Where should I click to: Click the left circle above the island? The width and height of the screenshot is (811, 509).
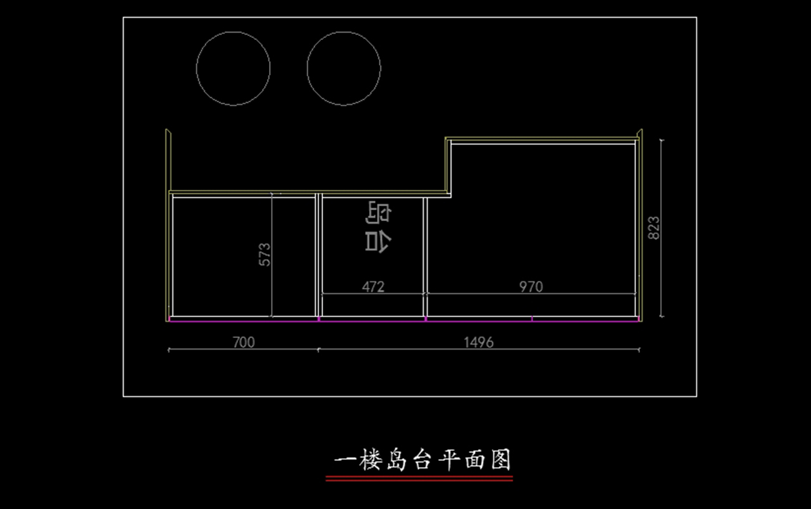click(x=233, y=68)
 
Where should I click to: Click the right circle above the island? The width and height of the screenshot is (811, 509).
click(x=344, y=68)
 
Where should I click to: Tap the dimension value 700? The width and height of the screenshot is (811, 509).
click(x=243, y=342)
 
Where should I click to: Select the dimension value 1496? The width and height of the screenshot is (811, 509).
click(x=478, y=342)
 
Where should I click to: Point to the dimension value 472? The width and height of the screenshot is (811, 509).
click(x=372, y=287)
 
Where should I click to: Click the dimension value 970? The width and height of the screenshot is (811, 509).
click(x=531, y=287)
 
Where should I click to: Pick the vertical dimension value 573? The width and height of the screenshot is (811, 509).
click(x=264, y=254)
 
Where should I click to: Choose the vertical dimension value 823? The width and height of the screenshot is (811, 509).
click(x=654, y=228)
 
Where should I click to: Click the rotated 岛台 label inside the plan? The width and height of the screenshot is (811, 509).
click(x=378, y=227)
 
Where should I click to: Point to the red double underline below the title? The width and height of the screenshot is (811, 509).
click(x=419, y=479)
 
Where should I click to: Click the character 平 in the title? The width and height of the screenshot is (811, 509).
click(x=447, y=461)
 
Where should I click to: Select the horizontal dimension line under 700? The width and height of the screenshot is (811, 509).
click(x=203, y=349)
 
